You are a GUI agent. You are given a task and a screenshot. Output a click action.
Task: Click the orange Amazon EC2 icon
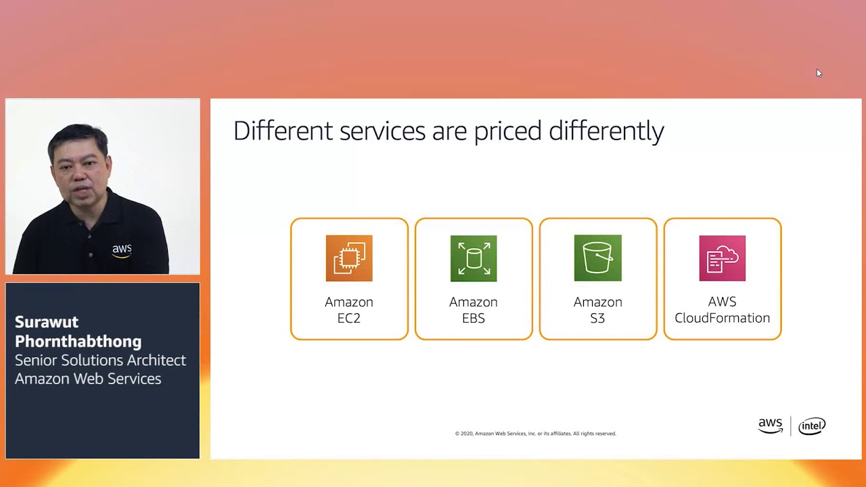click(349, 258)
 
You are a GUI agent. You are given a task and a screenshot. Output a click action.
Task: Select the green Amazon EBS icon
click(474, 258)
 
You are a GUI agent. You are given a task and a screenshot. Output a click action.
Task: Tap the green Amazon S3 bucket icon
click(598, 258)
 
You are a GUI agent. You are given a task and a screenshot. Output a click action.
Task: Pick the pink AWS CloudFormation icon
click(723, 258)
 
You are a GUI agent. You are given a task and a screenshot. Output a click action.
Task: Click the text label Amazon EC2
click(349, 310)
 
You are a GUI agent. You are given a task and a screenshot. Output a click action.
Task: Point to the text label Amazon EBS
click(474, 310)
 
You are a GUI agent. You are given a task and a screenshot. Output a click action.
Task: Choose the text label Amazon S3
click(598, 310)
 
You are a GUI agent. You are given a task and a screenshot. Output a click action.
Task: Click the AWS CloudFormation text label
click(723, 310)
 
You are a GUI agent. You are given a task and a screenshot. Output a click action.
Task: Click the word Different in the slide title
click(283, 131)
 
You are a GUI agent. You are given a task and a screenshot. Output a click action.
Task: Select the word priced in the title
click(507, 131)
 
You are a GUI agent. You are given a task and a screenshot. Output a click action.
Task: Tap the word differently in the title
click(606, 131)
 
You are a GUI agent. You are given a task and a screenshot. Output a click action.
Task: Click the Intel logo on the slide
click(811, 426)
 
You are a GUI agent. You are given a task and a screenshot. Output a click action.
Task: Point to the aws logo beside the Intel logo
click(770, 425)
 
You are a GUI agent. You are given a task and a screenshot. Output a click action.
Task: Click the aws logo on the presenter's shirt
click(122, 250)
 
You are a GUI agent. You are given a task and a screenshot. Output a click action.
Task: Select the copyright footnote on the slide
click(535, 434)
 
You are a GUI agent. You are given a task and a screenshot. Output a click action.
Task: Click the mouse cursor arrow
click(819, 73)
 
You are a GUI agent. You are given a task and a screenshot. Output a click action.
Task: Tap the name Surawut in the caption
click(47, 322)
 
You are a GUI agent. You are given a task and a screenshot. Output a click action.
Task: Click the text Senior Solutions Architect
click(100, 361)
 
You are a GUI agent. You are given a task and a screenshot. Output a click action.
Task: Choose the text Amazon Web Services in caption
click(88, 379)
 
